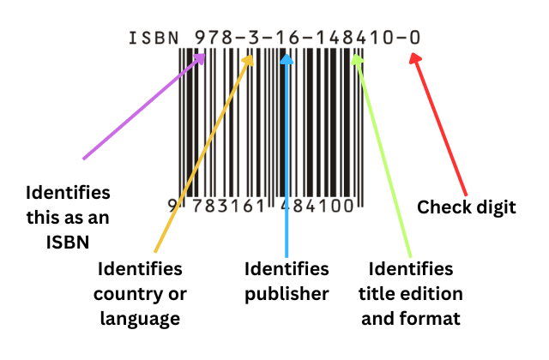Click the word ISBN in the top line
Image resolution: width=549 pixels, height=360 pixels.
(x=153, y=39)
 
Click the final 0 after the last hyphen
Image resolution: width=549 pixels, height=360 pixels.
(x=414, y=39)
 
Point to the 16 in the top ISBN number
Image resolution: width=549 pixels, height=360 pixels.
(x=287, y=39)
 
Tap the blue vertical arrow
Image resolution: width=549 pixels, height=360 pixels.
(x=287, y=154)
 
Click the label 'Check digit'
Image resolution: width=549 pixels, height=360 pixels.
(x=466, y=207)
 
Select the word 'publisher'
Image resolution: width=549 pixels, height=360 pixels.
(x=287, y=294)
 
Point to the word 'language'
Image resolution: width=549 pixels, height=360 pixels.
(x=139, y=319)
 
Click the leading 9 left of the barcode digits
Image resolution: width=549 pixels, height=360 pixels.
(x=172, y=207)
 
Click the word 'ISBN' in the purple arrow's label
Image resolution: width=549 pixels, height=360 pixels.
(x=68, y=243)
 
